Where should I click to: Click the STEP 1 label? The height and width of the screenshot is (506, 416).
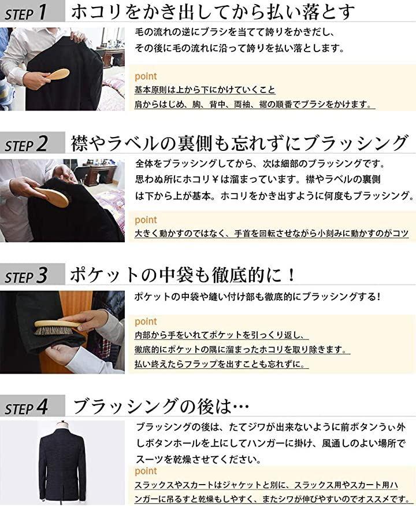point(26,13)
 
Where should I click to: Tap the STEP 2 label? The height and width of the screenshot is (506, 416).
point(26,144)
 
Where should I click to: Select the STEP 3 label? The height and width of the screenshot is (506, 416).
point(26,276)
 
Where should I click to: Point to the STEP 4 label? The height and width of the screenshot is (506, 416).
point(26,407)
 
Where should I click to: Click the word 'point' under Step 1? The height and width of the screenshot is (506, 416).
point(146,76)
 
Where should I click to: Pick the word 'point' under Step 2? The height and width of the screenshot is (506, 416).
point(146,220)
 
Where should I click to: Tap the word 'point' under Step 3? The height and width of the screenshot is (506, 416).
point(146,322)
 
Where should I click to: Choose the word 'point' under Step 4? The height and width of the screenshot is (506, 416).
point(146,471)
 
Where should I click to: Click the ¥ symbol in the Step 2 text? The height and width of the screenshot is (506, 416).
point(215,179)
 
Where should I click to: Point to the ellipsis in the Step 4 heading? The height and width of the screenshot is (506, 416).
point(240,407)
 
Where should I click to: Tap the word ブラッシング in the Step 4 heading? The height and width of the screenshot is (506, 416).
point(125,407)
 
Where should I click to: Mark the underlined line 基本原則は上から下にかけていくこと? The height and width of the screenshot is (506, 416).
point(205,90)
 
